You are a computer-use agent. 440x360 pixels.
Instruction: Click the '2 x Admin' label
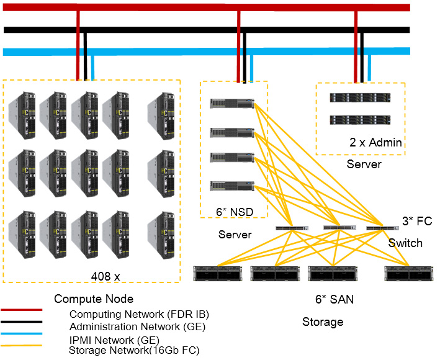[x=375, y=143]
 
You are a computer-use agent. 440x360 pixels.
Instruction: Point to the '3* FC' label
[x=417, y=221]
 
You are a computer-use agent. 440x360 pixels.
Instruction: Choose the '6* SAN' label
[x=334, y=299]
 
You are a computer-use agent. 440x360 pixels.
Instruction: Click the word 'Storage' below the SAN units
[x=323, y=322]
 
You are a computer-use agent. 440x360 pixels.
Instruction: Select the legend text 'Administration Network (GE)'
[x=137, y=326]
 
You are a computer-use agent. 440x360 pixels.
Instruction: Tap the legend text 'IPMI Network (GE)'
[x=114, y=340]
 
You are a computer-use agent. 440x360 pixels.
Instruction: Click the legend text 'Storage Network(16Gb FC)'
[x=133, y=351]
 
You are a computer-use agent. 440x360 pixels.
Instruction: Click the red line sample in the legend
[x=21, y=309]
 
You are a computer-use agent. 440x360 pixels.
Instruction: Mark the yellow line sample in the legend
[x=21, y=345]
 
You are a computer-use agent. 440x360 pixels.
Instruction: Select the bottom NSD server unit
[x=232, y=186]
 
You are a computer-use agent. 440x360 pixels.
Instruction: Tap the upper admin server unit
[x=359, y=97]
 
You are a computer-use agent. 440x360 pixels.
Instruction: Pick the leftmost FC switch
[x=292, y=228]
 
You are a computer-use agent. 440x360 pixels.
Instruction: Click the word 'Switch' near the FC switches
[x=405, y=243]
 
